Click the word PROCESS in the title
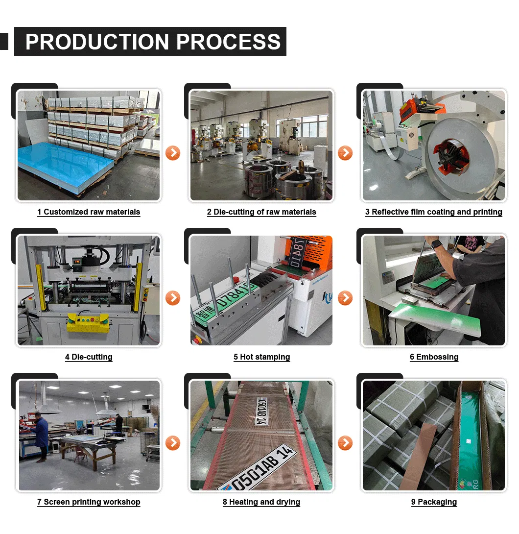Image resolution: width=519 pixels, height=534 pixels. tap(228, 42)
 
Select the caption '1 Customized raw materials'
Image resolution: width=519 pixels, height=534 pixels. tap(89, 212)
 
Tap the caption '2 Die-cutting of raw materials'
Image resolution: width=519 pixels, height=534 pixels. tap(261, 212)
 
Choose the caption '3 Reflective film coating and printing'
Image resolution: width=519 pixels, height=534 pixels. tap(433, 212)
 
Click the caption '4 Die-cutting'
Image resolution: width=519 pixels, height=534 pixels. tap(89, 357)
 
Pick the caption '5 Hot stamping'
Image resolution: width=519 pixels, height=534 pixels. tap(261, 357)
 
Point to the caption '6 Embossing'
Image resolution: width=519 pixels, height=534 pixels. tap(434, 357)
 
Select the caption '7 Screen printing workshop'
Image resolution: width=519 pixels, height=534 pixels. tap(89, 502)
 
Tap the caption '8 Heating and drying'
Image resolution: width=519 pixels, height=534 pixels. tap(261, 502)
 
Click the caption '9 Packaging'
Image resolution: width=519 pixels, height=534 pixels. tap(434, 502)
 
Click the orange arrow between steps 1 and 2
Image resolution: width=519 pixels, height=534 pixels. tap(173, 153)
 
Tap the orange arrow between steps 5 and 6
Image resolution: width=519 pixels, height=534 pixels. tap(345, 297)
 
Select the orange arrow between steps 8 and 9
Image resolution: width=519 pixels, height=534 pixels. tap(345, 443)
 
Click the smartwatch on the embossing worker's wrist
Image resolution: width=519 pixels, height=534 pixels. tap(437, 243)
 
